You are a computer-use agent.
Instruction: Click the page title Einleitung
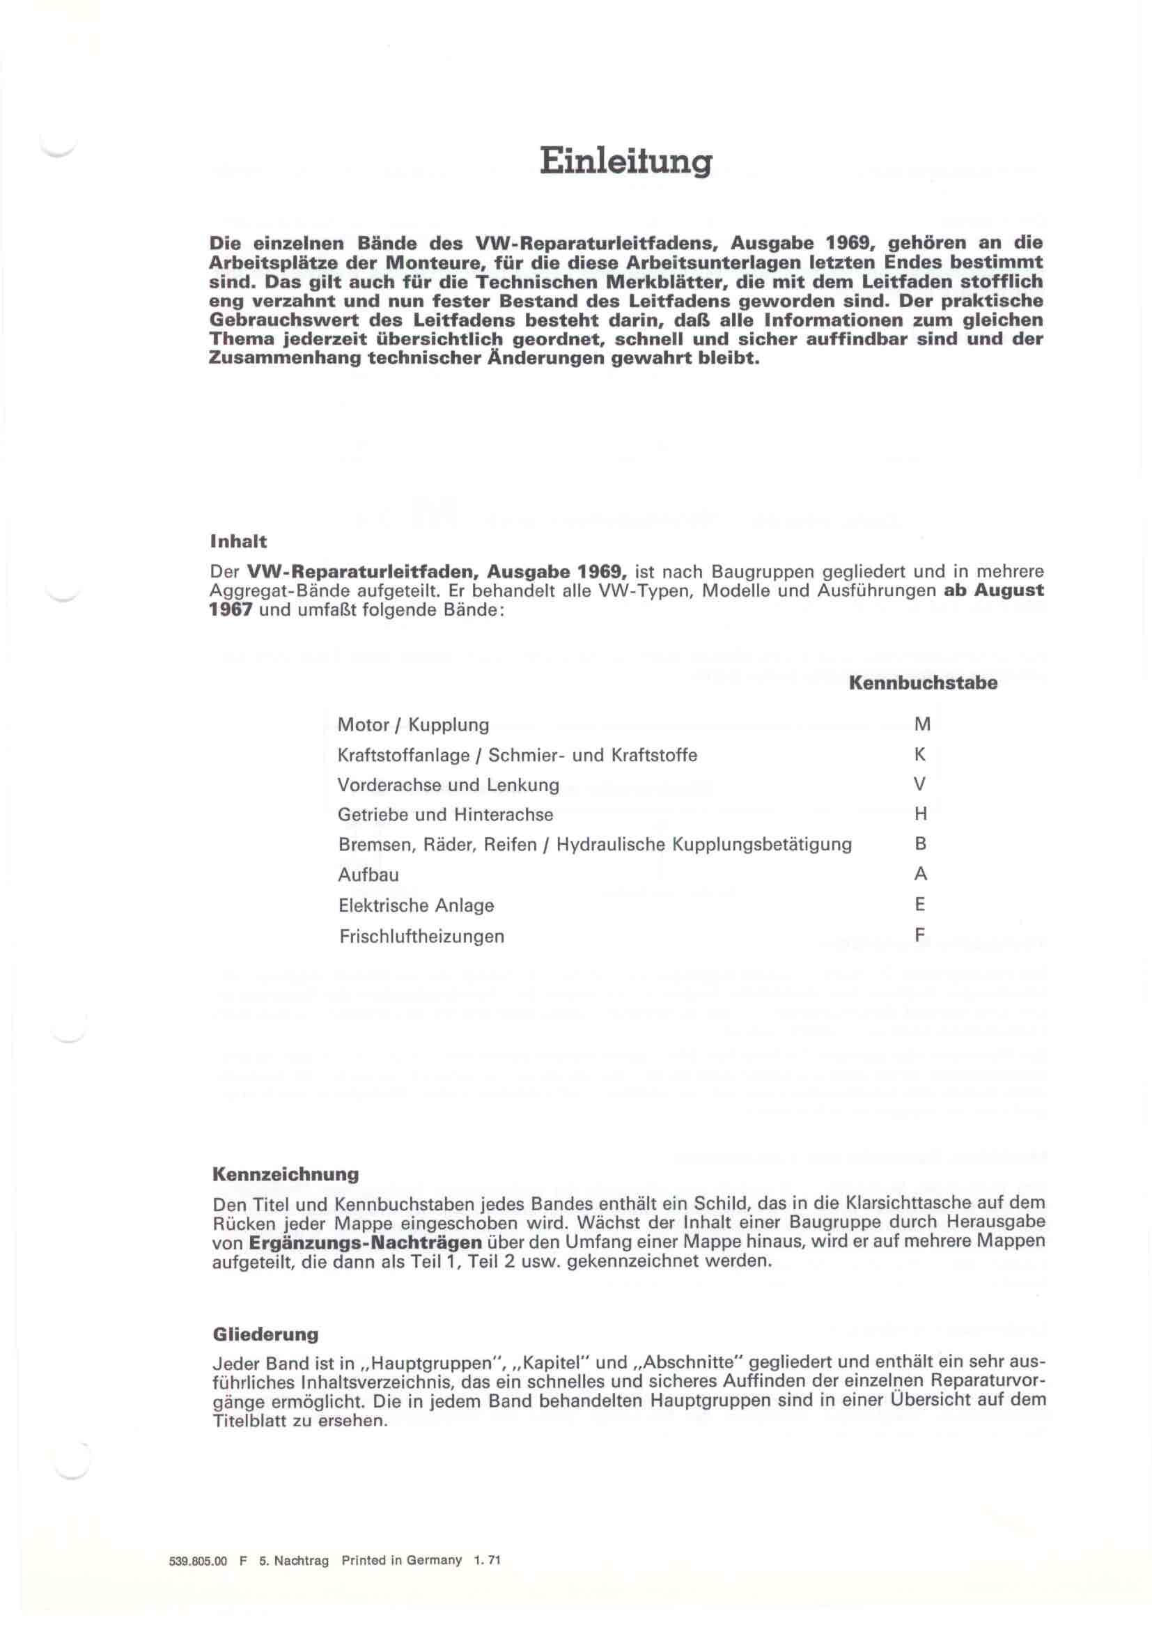pos(625,161)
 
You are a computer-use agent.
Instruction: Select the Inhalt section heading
pos(238,541)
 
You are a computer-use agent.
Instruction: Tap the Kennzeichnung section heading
pos(285,1174)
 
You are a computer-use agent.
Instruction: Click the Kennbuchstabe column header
pos(923,683)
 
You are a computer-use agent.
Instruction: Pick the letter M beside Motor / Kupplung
pos(922,724)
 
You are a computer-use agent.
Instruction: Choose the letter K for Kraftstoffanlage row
pos(921,755)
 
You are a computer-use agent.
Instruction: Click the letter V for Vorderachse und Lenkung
pos(921,785)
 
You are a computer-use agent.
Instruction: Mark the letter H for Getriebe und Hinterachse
pos(921,815)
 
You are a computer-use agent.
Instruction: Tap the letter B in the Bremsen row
pos(921,844)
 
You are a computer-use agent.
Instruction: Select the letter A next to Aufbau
pos(921,874)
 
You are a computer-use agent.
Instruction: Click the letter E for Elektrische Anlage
pos(921,905)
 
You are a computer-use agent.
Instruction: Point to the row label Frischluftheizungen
pos(421,937)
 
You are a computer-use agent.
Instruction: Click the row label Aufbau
pos(368,875)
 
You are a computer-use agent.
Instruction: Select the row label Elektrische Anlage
pos(416,905)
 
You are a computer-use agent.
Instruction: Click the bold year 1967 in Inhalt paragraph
pos(231,610)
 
